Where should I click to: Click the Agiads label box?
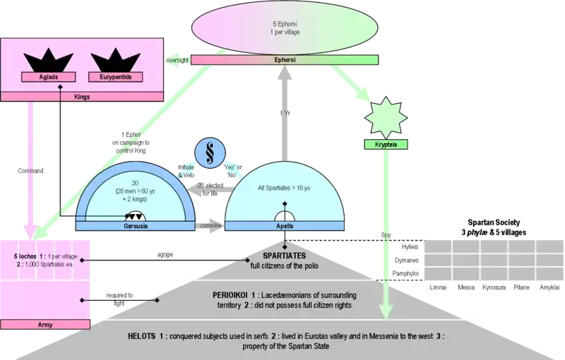44,76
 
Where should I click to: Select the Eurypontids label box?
111,76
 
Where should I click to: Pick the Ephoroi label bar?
280,61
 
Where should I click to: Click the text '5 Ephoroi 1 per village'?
281,30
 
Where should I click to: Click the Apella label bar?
285,226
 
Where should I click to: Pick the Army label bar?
44,325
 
